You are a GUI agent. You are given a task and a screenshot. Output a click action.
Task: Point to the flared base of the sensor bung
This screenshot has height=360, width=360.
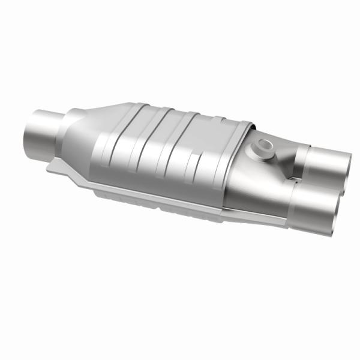tap(264, 153)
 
